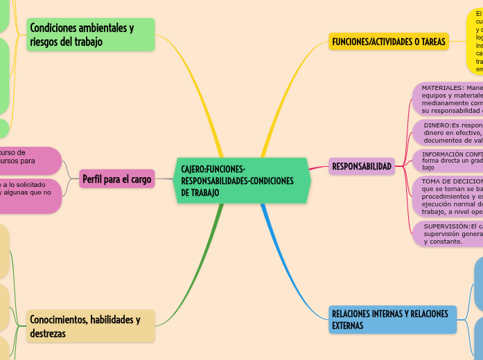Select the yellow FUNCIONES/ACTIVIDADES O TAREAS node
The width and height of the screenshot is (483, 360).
389,42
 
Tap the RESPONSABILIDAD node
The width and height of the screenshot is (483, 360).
361,166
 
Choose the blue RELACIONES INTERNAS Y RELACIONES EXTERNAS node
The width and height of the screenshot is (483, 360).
392,319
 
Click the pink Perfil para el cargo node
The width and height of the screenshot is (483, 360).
116,180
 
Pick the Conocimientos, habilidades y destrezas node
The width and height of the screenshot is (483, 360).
90,326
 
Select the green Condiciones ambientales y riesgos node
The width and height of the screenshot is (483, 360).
90,35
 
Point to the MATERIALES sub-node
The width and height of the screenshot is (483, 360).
449,99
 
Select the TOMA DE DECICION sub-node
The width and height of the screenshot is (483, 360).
449,196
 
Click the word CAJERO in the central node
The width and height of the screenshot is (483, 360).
193,170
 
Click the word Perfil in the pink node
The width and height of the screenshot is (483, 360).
94,180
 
